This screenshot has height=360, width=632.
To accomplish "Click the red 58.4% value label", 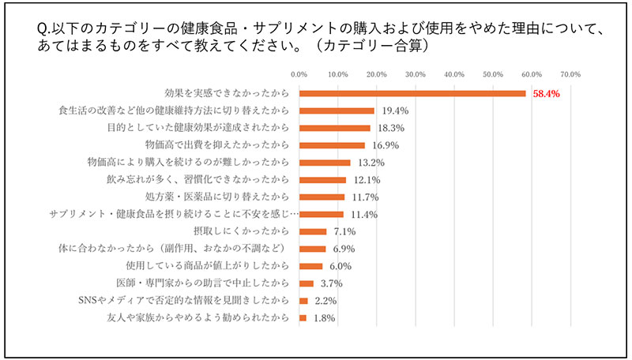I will tap(546, 93).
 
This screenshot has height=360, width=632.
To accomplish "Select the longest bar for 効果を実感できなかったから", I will tap(412, 93).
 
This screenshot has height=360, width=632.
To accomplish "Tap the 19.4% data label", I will tap(394, 111).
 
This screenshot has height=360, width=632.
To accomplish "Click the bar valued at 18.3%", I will tap(335, 128).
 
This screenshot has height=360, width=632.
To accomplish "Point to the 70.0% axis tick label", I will tap(570, 74).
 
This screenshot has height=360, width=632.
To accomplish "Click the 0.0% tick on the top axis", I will tap(299, 74).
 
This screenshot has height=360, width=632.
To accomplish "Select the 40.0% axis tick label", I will tap(454, 74).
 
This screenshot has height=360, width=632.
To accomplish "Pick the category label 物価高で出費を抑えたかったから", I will tap(211, 145).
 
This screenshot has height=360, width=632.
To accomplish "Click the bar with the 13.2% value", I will tap(325, 163).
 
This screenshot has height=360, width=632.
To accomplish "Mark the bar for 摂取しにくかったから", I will tap(313, 231).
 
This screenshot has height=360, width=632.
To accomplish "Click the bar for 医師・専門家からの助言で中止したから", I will tap(307, 283).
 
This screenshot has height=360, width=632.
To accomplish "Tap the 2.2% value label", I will tap(327, 301).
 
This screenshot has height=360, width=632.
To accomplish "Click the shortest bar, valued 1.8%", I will tap(303, 317).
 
